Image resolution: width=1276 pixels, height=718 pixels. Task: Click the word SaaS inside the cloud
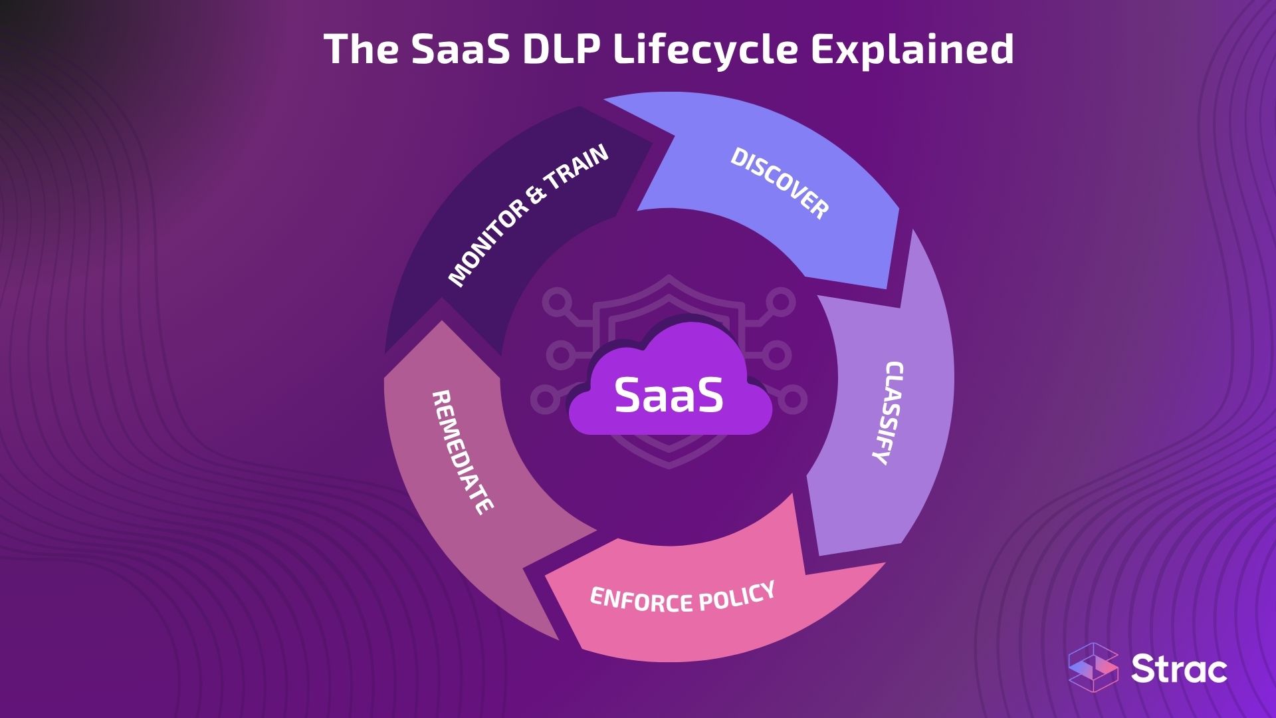pyautogui.click(x=669, y=394)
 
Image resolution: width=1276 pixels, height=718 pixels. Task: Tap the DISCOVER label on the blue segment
pyautogui.click(x=780, y=183)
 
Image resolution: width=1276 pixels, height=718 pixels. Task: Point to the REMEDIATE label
pyautogui.click(x=463, y=452)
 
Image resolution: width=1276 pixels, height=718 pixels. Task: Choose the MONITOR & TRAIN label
pyautogui.click(x=528, y=215)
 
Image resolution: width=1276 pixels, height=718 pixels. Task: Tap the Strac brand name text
pyautogui.click(x=1180, y=669)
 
